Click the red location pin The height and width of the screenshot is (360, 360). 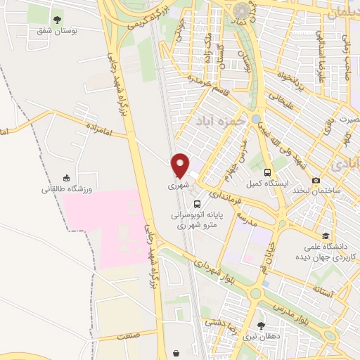coord(181,165)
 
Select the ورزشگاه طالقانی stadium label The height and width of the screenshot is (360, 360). coord(67,188)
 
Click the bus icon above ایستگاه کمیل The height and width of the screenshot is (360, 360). coord(267,172)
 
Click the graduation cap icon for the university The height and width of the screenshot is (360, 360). coord(325,236)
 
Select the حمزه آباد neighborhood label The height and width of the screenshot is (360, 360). coord(219,119)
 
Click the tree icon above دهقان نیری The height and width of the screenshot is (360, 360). coord(262,325)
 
